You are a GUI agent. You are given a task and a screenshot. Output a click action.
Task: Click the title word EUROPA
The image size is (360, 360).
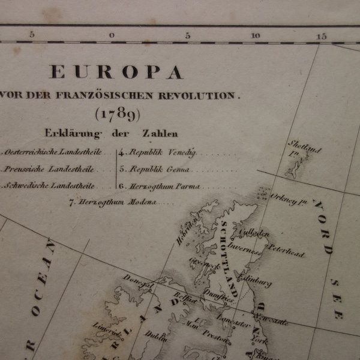pyautogui.click(x=116, y=73)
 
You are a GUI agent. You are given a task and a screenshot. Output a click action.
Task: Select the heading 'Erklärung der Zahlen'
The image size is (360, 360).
pyautogui.click(x=110, y=133)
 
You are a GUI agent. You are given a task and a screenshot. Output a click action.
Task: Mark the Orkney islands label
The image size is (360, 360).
pyautogui.click(x=289, y=201)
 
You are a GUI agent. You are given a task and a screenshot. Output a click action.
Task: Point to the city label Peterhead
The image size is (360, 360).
pyautogui.click(x=286, y=251)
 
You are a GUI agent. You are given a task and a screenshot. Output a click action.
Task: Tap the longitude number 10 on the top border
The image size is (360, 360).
pyautogui.click(x=256, y=35)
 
